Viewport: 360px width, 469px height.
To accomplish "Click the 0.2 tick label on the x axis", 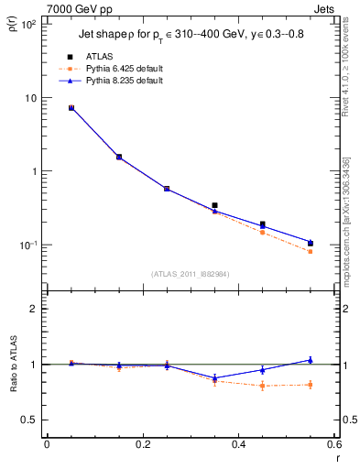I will (x=142, y=446).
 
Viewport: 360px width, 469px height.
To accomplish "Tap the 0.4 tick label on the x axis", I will (x=238, y=446).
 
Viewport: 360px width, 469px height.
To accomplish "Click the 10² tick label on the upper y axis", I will (x=27, y=25).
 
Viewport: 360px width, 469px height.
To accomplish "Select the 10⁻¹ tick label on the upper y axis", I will (x=27, y=245).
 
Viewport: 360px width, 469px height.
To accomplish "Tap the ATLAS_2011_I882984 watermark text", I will (x=190, y=273).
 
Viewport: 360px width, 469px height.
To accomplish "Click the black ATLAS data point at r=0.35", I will (x=214, y=205).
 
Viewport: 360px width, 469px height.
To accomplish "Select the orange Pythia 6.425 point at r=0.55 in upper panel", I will (x=311, y=251).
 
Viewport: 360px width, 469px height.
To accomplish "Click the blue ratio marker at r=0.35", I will (x=214, y=377).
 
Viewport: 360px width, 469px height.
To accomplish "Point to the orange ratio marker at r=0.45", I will (x=262, y=386).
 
